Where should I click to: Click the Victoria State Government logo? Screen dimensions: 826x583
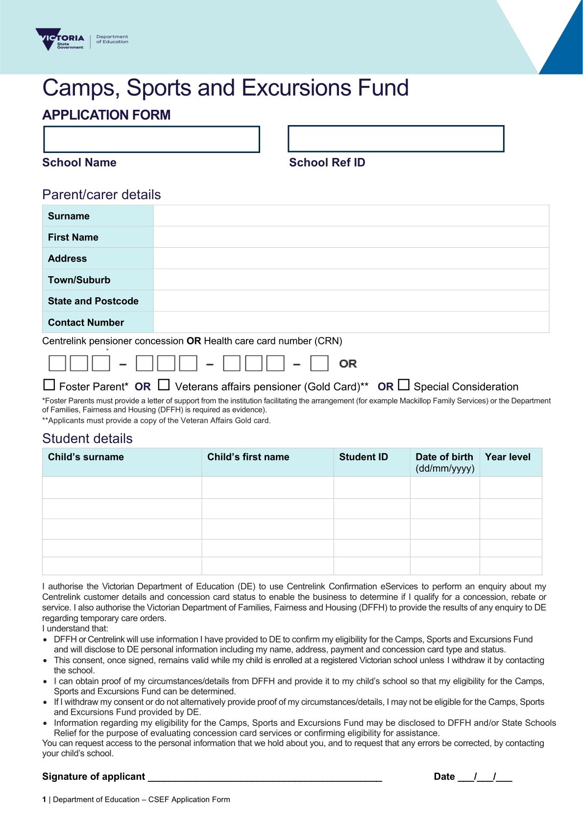click(x=60, y=40)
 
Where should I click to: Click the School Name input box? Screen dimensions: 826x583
click(x=151, y=139)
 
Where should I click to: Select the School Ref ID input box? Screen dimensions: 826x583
click(x=396, y=139)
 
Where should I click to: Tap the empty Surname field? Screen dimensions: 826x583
click(x=351, y=216)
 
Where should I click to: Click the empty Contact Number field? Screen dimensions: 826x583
click(x=351, y=322)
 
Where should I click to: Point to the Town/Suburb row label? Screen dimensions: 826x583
click(x=79, y=280)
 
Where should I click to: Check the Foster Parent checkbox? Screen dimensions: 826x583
click(x=49, y=385)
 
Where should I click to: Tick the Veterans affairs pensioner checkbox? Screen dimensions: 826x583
click(x=164, y=385)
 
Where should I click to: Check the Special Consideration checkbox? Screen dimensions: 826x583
click(x=404, y=385)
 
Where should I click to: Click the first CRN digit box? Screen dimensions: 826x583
click(x=57, y=363)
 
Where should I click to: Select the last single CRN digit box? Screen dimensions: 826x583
click(x=319, y=363)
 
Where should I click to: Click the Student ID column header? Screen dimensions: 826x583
click(x=364, y=457)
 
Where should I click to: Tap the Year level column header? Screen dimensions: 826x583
click(x=508, y=457)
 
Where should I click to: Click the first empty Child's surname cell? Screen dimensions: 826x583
click(x=122, y=488)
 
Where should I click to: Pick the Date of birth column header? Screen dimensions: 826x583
click(x=445, y=462)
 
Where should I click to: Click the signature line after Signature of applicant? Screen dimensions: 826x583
click(x=265, y=777)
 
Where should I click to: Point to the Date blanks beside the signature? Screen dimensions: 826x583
click(x=485, y=777)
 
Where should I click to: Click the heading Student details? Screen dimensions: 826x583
click(x=87, y=439)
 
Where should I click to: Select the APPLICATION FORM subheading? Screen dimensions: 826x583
click(x=106, y=115)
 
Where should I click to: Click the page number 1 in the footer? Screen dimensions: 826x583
click(x=44, y=800)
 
